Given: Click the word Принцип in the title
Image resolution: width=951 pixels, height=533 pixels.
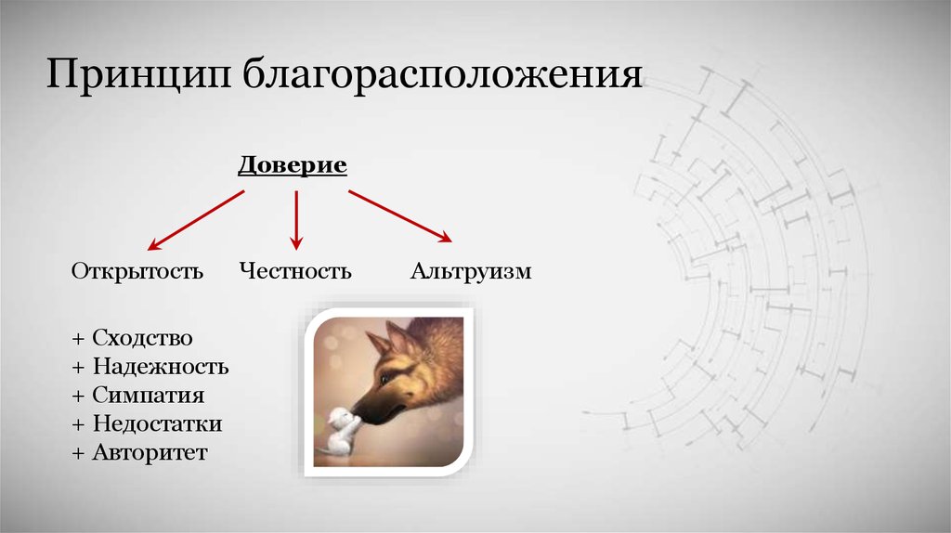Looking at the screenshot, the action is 138,75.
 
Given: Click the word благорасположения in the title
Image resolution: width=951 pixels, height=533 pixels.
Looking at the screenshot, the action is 442,75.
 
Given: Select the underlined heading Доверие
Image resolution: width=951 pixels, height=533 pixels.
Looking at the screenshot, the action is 293,165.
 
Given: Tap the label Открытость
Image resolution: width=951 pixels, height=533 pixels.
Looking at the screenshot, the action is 137,270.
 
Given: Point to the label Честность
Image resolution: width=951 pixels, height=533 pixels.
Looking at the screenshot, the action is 295,270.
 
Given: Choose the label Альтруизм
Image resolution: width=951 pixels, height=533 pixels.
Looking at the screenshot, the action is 471,271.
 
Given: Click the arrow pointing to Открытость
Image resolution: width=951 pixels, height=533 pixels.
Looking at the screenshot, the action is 196,220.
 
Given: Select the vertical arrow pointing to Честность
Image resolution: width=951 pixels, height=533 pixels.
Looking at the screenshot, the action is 296,220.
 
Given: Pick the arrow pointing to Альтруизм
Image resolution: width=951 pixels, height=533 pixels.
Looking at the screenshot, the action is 400,216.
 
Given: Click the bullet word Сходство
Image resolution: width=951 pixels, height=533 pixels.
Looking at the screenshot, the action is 142,338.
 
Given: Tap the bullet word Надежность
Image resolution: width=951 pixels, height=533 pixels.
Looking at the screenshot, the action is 161,367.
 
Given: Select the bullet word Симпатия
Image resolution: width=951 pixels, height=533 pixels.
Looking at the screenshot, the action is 149,396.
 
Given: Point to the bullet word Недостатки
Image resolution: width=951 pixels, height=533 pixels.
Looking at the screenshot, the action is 157,423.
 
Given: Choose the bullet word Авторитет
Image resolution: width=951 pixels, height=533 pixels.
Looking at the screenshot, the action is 150,452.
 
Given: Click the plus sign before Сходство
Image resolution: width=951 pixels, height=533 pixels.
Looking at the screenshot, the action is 78,339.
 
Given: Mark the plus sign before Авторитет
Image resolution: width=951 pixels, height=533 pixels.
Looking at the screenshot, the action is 78,453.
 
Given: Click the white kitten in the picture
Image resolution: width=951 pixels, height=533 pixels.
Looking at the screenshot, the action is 338,432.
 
